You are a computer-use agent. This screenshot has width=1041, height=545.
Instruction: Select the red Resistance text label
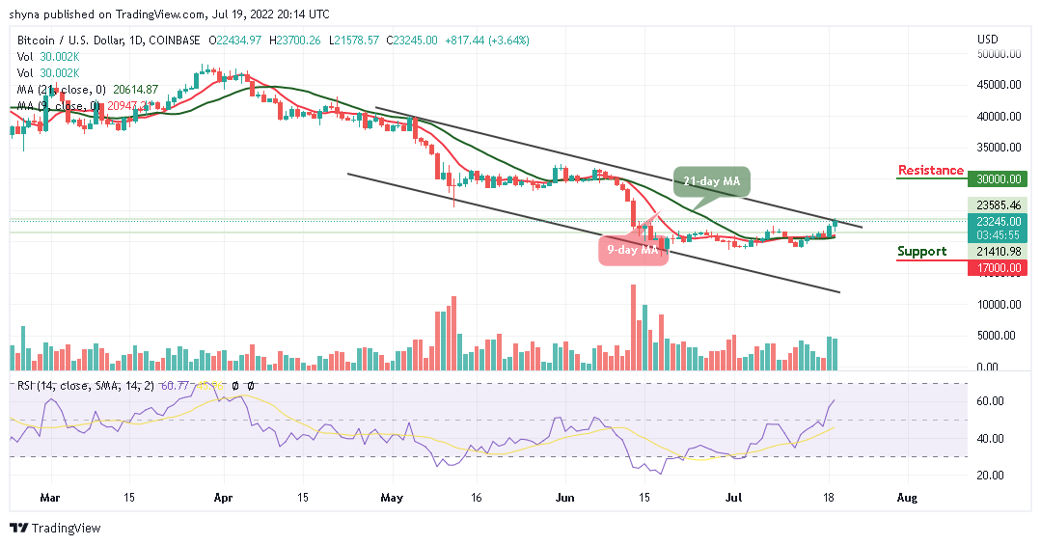930,171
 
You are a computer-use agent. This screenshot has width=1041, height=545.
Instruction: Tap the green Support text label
921,252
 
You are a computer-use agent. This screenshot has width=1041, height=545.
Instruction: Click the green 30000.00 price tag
998,178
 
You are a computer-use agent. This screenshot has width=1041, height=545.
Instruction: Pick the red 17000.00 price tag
998,267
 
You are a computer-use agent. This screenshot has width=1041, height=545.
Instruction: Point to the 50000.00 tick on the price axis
998,54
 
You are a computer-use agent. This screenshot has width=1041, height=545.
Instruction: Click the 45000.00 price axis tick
998,85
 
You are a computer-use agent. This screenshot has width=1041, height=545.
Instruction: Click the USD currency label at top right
987,40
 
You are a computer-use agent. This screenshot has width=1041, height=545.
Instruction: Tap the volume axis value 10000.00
998,305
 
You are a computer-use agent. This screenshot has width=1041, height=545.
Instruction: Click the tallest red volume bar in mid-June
633,327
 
